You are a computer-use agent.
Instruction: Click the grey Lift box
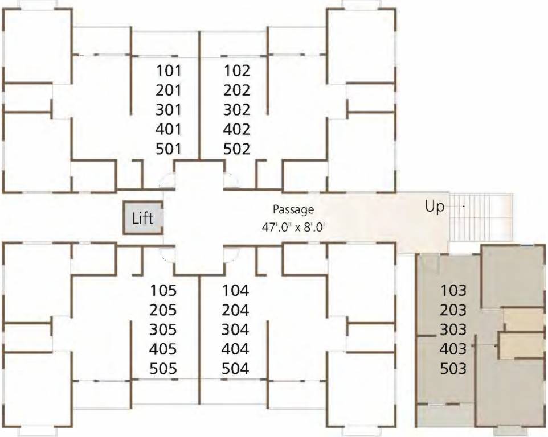coord(144,218)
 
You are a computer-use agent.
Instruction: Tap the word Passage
coord(293,210)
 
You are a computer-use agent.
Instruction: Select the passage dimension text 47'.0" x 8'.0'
coord(293,226)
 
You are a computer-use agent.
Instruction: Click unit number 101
coord(168,71)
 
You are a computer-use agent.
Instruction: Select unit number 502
coord(237,149)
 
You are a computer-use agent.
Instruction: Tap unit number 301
coord(168,110)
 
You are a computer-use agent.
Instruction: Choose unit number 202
coord(237,90)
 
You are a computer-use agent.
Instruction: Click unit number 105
coord(163,291)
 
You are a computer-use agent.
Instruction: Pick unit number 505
coord(163,369)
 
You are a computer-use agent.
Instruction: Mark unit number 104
coord(236,291)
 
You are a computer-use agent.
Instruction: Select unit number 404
coord(236,349)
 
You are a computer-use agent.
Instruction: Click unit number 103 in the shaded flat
coord(453,291)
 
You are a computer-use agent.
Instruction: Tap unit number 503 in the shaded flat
coord(453,369)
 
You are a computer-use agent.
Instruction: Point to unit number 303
coord(453,329)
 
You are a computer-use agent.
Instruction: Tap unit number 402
coord(237,129)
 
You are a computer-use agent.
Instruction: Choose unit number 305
coord(163,329)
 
